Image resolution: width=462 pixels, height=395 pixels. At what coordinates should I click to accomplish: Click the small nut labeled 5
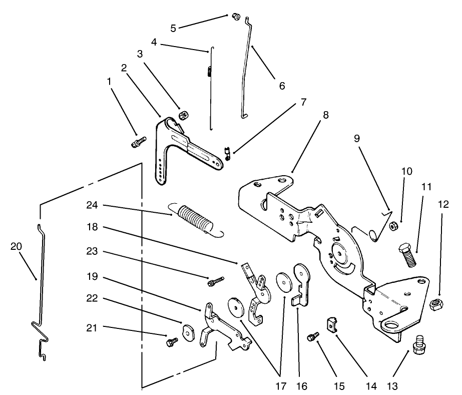coord(234,18)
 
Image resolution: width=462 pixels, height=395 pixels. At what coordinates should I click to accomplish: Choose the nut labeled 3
coord(183,116)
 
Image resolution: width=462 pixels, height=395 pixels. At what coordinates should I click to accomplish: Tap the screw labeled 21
coord(172,341)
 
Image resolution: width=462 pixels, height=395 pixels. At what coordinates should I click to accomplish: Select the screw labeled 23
coord(213,281)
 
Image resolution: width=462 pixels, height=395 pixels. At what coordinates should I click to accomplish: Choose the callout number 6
coord(281,86)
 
